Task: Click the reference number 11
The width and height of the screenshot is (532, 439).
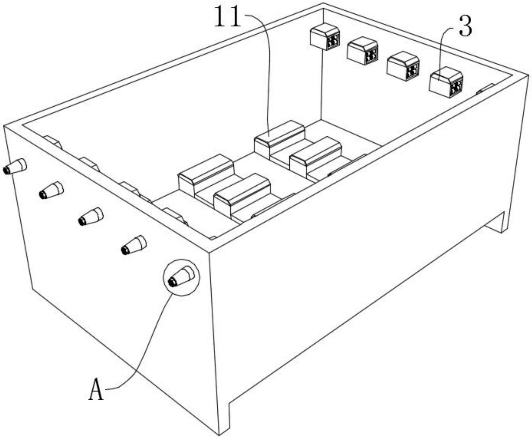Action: click(x=228, y=17)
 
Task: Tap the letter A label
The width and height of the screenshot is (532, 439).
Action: click(x=96, y=390)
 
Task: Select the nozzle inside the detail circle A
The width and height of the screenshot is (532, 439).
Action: click(x=181, y=277)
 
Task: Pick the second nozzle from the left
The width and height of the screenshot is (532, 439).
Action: click(x=51, y=190)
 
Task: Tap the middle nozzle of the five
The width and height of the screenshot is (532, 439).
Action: click(x=91, y=217)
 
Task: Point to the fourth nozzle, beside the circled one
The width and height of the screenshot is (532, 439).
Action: click(x=134, y=245)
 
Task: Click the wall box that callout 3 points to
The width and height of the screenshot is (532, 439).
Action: click(x=446, y=83)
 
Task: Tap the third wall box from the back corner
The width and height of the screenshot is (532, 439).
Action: click(x=403, y=66)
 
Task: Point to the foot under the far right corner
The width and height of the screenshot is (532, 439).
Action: click(x=495, y=223)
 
